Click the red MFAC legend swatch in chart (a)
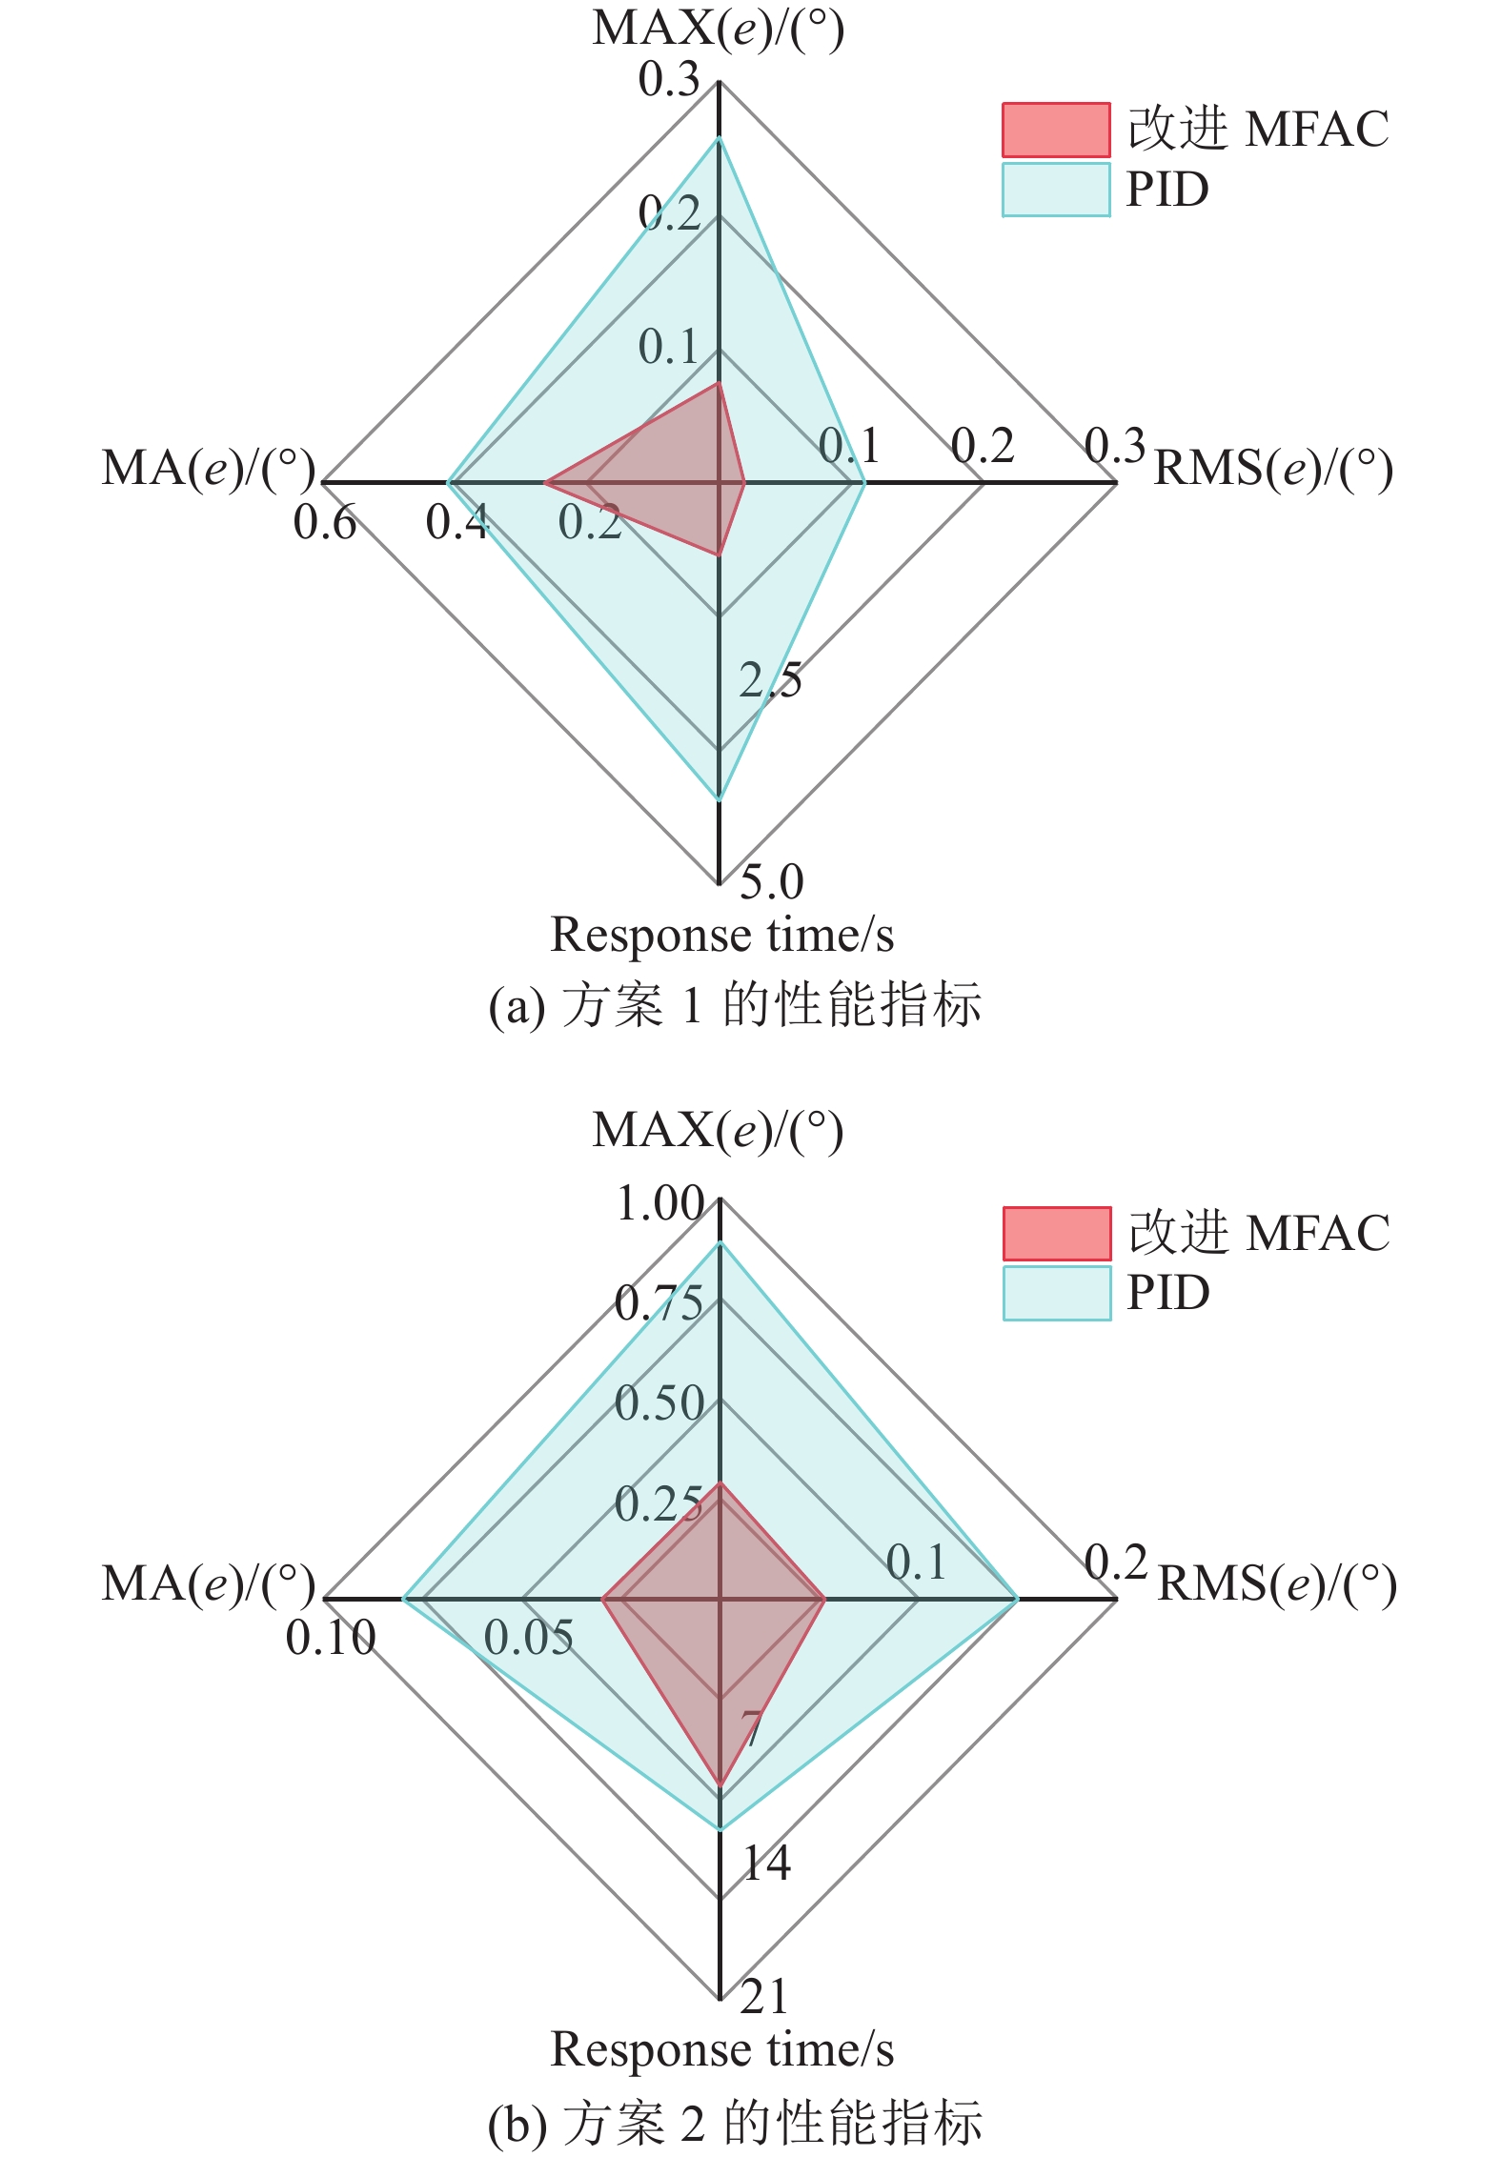[x=1056, y=130]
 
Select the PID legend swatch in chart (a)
[x=1056, y=190]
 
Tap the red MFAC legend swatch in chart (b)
[x=1057, y=1234]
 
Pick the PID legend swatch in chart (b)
[x=1057, y=1293]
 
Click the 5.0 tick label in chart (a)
[x=771, y=881]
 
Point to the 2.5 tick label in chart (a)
[x=770, y=680]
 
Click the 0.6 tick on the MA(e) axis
[x=325, y=523]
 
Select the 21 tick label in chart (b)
[x=765, y=1997]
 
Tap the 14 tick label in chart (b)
[x=766, y=1863]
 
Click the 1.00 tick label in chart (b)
[x=660, y=1203]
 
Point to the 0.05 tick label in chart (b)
[x=529, y=1638]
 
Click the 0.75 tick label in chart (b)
[x=659, y=1303]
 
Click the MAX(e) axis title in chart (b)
[x=718, y=1131]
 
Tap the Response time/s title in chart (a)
[x=722, y=936]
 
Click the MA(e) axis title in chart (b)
[x=209, y=1584]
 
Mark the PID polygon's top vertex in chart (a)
[x=720, y=139]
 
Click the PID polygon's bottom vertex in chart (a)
[x=720, y=798]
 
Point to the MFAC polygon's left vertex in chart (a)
[x=544, y=483]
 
